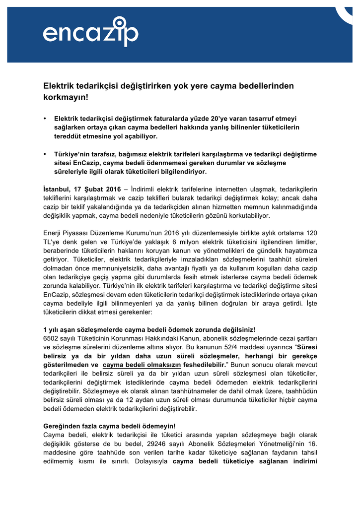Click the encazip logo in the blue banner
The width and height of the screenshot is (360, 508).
[x=90, y=32]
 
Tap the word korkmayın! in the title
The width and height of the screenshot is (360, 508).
[x=66, y=97]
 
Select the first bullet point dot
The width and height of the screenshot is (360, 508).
[x=45, y=119]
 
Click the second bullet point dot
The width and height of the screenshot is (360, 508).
[x=45, y=154]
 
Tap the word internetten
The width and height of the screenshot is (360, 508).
[x=235, y=189]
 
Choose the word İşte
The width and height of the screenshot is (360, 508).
[x=310, y=304]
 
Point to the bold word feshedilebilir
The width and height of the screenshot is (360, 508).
[x=201, y=365]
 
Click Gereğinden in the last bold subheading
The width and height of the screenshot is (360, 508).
[x=62, y=426]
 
